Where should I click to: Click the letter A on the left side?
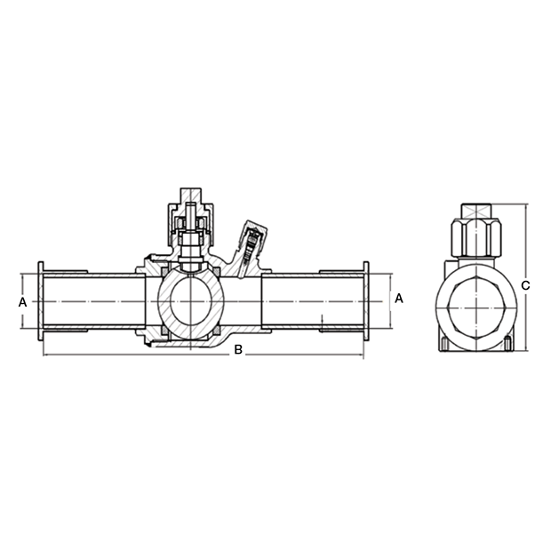coord(22,302)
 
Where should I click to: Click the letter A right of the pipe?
coord(398,299)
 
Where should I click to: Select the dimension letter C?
coord(525,285)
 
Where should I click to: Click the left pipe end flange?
coord(40,302)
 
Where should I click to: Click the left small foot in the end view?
coord(443,344)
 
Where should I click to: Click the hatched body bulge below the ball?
coord(236,342)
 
